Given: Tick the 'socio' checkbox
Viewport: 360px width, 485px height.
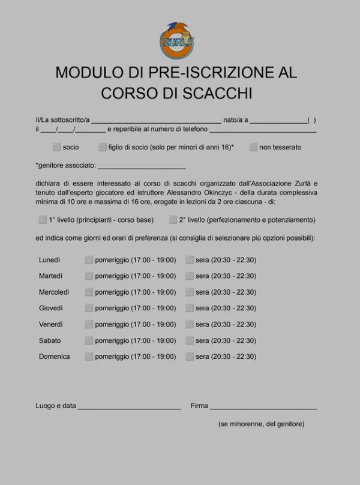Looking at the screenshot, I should pyautogui.click(x=56, y=147).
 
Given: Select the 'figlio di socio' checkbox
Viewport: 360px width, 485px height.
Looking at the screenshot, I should pyautogui.click(x=103, y=147).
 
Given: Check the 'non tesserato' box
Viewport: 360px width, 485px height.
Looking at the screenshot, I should pyautogui.click(x=253, y=147).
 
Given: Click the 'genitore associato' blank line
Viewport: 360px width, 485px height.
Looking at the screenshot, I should pyautogui.click(x=142, y=166).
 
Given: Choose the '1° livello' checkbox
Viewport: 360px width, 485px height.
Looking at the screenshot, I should pyautogui.click(x=43, y=220).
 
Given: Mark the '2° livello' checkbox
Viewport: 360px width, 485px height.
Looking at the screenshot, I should pyautogui.click(x=173, y=220).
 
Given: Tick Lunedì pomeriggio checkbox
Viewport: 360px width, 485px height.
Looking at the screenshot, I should pyautogui.click(x=89, y=260).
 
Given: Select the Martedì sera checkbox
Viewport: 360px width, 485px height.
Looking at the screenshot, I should pyautogui.click(x=190, y=276).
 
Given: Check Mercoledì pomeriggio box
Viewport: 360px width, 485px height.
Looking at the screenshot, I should pyautogui.click(x=89, y=292).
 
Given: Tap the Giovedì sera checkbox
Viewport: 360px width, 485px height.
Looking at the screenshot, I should pyautogui.click(x=190, y=309).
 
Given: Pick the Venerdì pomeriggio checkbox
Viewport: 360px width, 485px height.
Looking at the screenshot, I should pyautogui.click(x=89, y=324).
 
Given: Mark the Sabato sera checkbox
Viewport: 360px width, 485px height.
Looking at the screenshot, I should pyautogui.click(x=190, y=340).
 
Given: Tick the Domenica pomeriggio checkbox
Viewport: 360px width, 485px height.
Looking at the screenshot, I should pyautogui.click(x=89, y=357).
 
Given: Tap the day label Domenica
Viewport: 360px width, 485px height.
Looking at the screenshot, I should pyautogui.click(x=55, y=357).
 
